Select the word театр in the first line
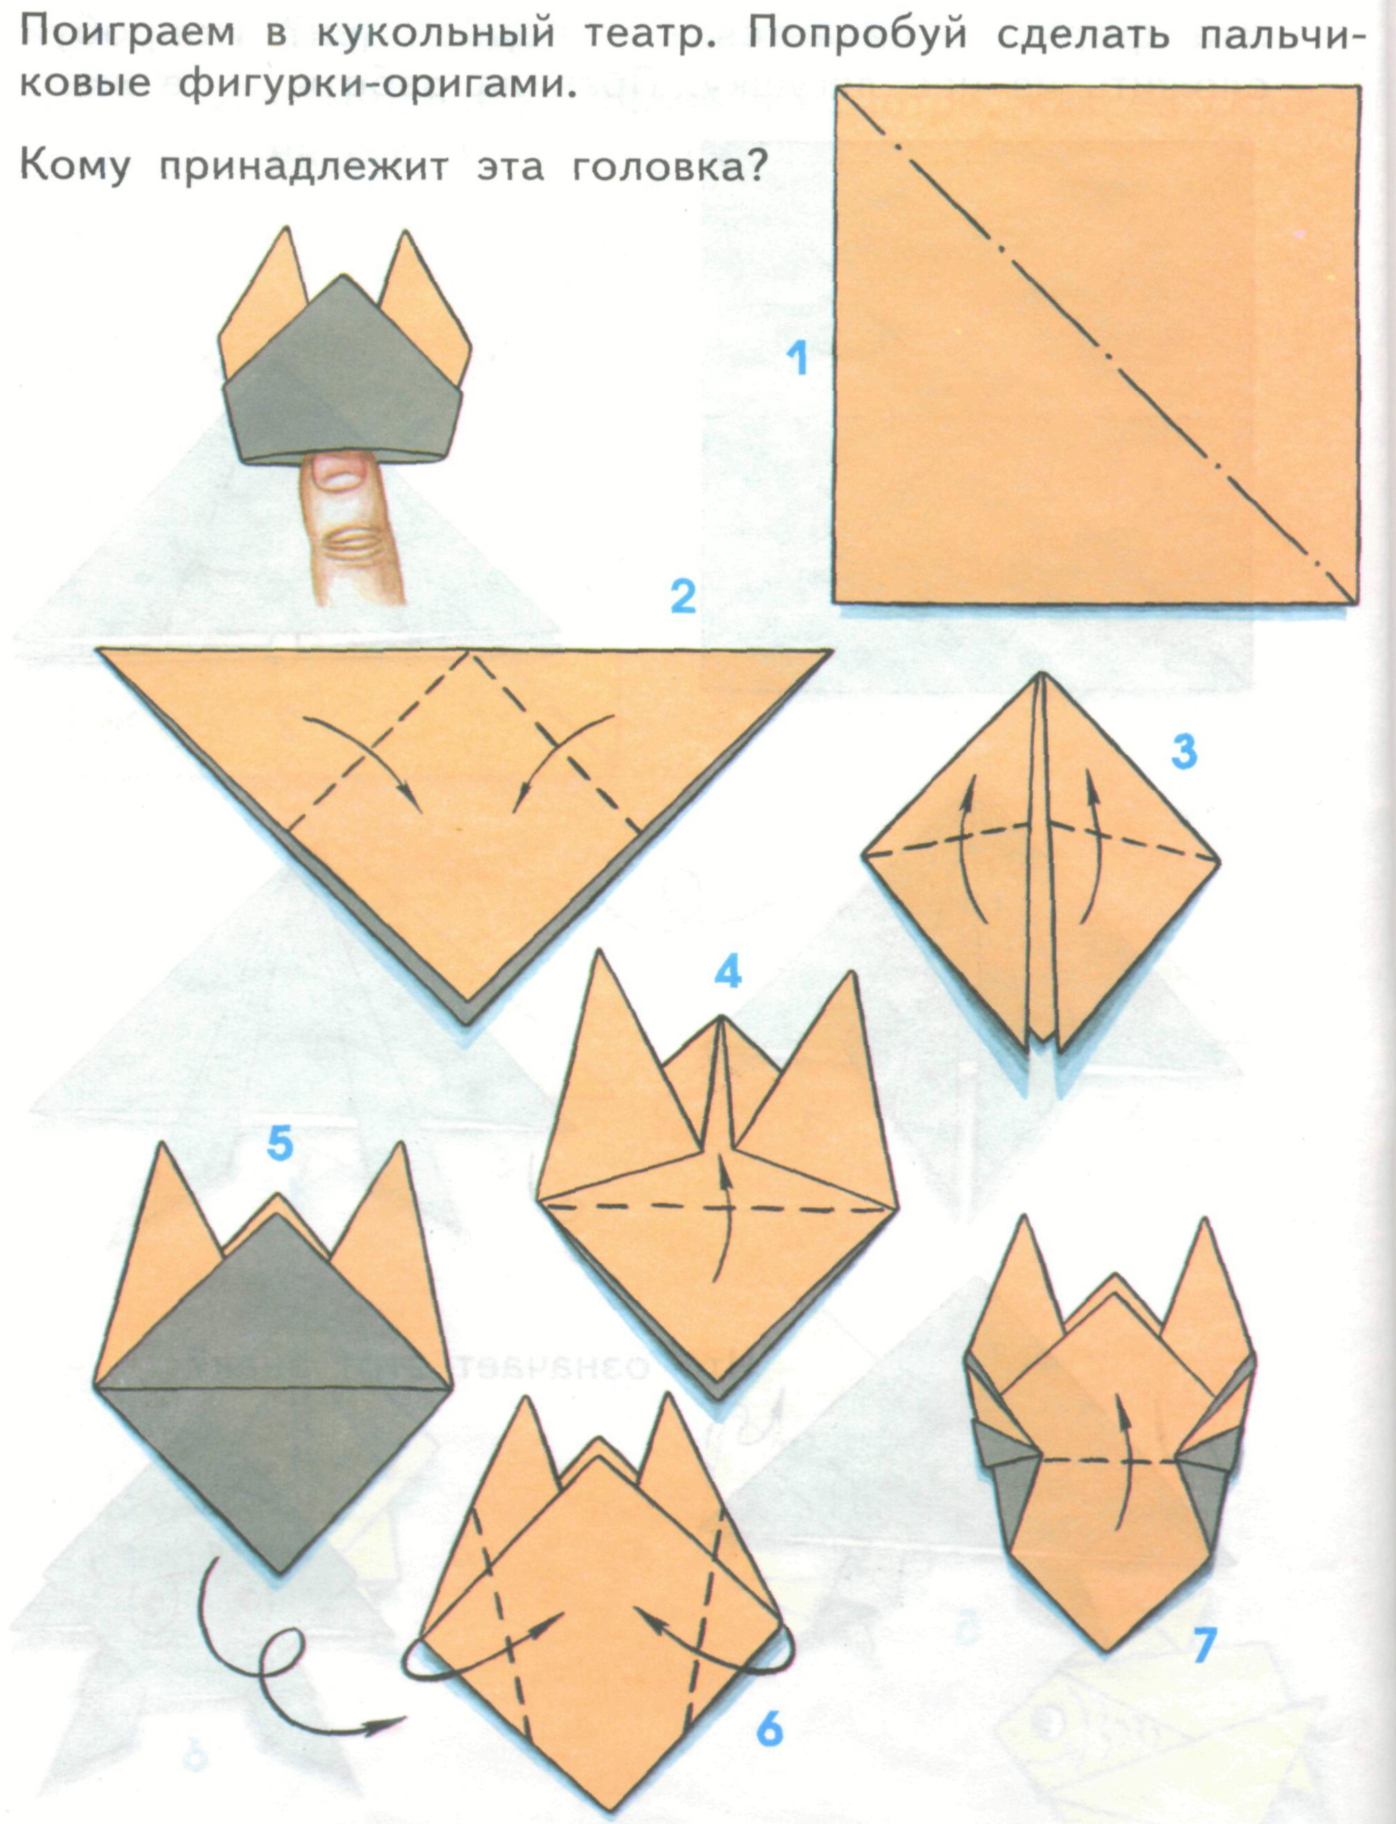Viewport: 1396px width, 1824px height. click(644, 37)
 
